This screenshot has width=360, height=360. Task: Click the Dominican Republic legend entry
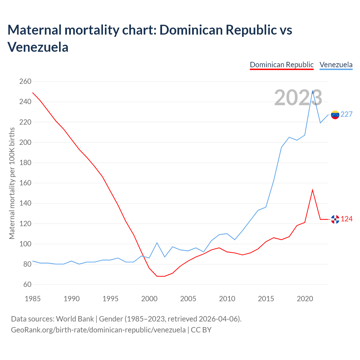[x=282, y=65]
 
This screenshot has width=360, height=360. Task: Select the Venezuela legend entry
[x=336, y=65]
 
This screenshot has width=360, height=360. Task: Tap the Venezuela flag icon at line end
[x=335, y=115]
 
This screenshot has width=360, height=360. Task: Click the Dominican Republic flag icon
[x=335, y=219]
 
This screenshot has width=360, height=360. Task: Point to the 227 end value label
[x=346, y=114]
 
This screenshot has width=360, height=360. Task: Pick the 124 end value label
[x=346, y=219]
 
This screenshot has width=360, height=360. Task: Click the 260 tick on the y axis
[x=25, y=82]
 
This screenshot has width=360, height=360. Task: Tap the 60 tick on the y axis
[x=27, y=285]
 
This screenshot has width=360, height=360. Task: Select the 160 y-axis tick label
[x=25, y=183]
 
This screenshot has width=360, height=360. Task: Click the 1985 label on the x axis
[x=33, y=299]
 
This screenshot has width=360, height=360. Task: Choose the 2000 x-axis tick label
[x=149, y=299]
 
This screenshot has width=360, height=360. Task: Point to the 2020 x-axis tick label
[x=305, y=299]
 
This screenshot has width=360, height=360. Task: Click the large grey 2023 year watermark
[x=298, y=98]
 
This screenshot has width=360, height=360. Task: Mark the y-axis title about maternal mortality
[x=12, y=183]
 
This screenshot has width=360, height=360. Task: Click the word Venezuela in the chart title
[x=38, y=47]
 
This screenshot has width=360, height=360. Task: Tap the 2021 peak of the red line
[x=312, y=190]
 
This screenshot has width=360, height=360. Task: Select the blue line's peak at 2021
[x=312, y=91]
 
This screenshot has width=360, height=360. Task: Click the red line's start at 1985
[x=33, y=93]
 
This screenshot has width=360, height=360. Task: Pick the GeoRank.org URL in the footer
[x=98, y=330]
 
